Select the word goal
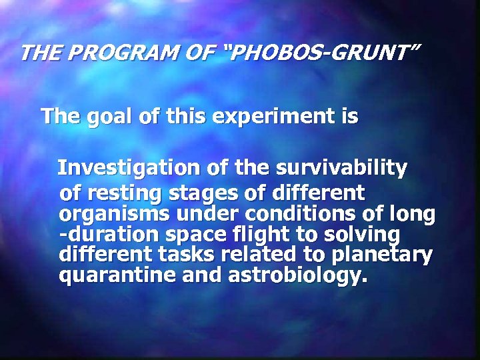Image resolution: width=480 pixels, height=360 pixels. click(109, 117)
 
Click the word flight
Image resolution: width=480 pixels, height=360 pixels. click(256, 235)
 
